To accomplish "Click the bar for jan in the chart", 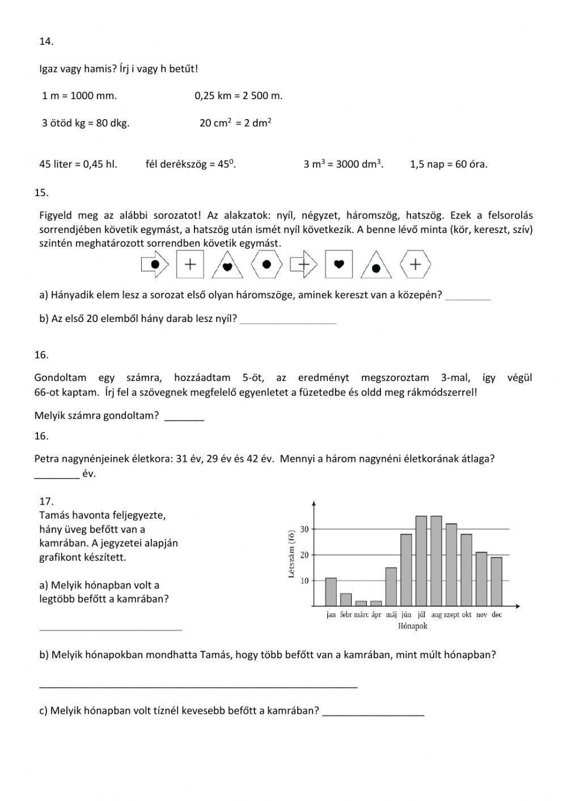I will point(331,591).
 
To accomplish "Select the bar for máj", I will point(391,586).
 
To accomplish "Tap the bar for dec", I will point(496,581).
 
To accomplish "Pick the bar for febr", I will point(346,599).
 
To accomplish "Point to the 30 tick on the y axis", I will point(304,529).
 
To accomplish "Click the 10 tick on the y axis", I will point(304,580).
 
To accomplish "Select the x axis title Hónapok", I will point(413,626).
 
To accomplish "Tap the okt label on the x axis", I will point(467,614).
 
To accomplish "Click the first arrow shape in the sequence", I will point(154,264).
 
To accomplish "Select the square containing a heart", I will point(339,264).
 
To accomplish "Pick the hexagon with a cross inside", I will point(416,264).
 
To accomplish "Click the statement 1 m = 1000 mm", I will point(79,96).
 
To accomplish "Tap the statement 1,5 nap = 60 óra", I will point(448,164).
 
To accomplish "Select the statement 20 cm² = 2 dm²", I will point(235,123).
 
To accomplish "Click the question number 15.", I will point(41,192).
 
